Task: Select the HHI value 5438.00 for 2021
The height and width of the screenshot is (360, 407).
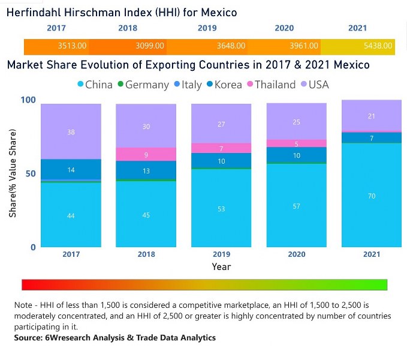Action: click(x=378, y=46)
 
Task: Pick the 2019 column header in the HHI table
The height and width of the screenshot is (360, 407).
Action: click(x=207, y=28)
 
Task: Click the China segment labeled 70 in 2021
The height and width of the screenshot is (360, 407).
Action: click(x=371, y=196)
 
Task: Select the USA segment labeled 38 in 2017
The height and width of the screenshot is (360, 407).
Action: click(x=71, y=132)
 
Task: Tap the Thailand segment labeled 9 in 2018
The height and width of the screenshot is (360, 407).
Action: click(x=146, y=154)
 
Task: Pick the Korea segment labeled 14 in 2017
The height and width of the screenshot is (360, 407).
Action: click(x=71, y=170)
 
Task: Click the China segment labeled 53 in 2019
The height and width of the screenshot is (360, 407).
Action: click(x=221, y=208)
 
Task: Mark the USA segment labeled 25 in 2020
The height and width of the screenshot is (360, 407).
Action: click(x=296, y=122)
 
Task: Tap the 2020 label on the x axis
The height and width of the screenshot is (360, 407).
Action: click(x=296, y=254)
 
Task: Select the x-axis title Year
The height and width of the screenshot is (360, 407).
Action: click(x=221, y=266)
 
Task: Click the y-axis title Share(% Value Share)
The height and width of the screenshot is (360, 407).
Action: click(x=13, y=173)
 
